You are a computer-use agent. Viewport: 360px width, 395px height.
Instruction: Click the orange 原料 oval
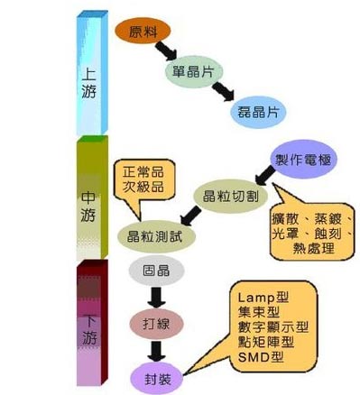pyautogui.click(x=143, y=31)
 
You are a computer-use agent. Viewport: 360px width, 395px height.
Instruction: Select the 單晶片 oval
pyautogui.click(x=194, y=71)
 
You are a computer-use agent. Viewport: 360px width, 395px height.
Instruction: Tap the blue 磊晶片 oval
pyautogui.click(x=258, y=112)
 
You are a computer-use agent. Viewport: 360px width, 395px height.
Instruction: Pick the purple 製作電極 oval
pyautogui.click(x=303, y=159)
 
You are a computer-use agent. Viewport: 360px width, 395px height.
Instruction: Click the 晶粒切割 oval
pyautogui.click(x=230, y=197)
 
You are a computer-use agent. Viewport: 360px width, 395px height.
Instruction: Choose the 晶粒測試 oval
pyautogui.click(x=156, y=236)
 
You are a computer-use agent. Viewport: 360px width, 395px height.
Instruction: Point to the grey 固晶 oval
pyautogui.click(x=156, y=271)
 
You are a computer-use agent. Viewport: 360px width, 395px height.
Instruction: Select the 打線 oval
pyautogui.click(x=156, y=324)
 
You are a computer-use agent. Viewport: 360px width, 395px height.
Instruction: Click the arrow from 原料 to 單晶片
pyautogui.click(x=166, y=51)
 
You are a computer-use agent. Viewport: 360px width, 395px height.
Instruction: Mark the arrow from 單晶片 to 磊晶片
pyautogui.click(x=223, y=91)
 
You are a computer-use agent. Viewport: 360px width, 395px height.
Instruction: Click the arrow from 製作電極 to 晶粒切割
pyautogui.click(x=265, y=176)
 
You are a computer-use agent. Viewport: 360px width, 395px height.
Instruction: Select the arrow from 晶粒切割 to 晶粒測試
pyautogui.click(x=191, y=216)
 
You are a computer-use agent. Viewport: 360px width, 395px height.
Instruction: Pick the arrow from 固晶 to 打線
pyautogui.click(x=156, y=298)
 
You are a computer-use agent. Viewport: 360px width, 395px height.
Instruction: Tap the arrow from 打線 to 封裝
pyautogui.click(x=156, y=351)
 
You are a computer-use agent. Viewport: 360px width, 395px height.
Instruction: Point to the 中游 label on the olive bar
pyautogui.click(x=88, y=207)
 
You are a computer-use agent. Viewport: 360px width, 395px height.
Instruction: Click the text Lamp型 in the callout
pyautogui.click(x=263, y=298)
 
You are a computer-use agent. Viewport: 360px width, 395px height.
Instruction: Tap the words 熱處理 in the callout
pyautogui.click(x=313, y=249)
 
